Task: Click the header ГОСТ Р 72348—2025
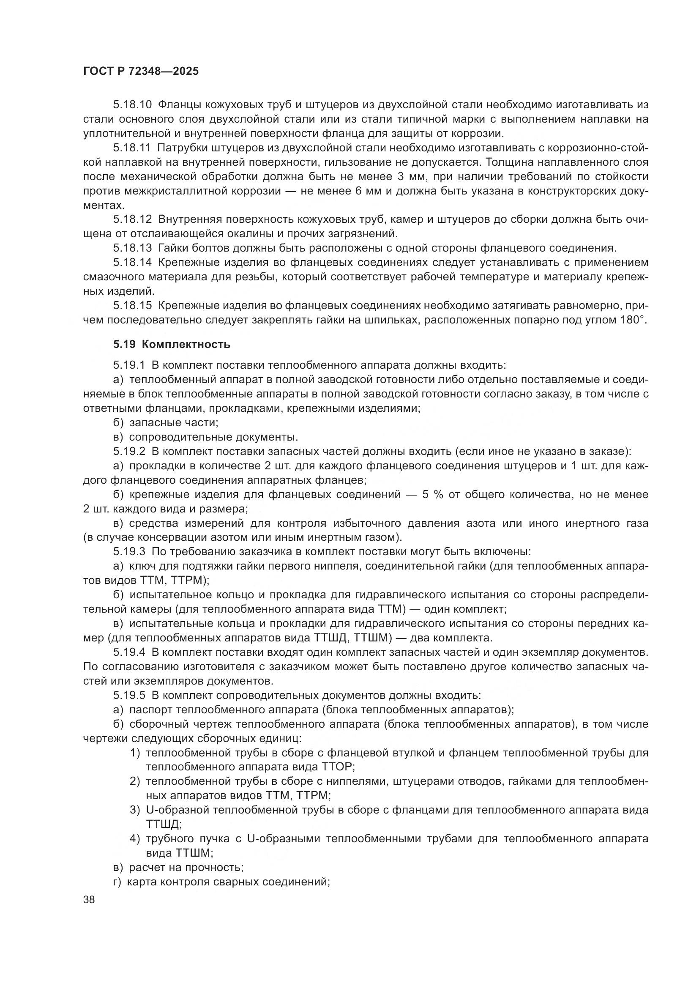tap(141, 71)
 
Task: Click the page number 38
tap(89, 900)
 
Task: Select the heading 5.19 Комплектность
tap(172, 345)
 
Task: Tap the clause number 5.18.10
tap(133, 105)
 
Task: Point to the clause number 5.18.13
tap(133, 248)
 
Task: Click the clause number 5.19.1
tap(130, 365)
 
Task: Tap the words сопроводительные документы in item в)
tap(213, 437)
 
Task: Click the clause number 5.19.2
tap(130, 452)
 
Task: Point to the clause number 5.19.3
tap(130, 552)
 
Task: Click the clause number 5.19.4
tap(130, 652)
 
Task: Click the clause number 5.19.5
tap(130, 696)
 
